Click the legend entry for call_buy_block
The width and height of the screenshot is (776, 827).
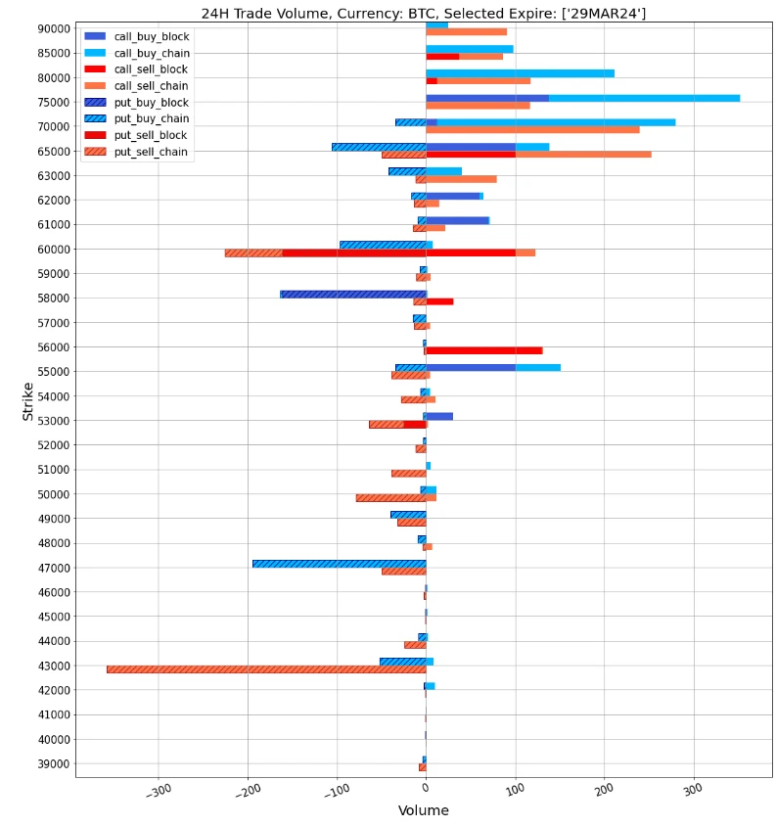[x=151, y=36]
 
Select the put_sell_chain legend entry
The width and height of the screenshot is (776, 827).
[x=151, y=152]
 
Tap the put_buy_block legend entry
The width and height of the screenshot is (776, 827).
[x=151, y=103]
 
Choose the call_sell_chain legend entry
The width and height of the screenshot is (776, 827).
[x=151, y=86]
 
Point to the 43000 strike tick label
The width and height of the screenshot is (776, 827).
[x=49, y=666]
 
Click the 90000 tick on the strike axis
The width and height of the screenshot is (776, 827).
[x=49, y=28]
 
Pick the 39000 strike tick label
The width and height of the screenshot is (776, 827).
[x=49, y=763]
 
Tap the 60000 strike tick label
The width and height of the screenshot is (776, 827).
[x=49, y=249]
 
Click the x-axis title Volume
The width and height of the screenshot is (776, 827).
[x=423, y=811]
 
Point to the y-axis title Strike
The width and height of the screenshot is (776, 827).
[x=27, y=401]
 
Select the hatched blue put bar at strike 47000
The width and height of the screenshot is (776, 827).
[x=339, y=564]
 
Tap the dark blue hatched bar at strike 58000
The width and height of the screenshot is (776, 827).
[x=352, y=294]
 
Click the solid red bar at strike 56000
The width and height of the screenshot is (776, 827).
[x=483, y=350]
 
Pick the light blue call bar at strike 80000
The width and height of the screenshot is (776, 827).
[x=520, y=73]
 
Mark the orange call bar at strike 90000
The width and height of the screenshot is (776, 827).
[x=466, y=32]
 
